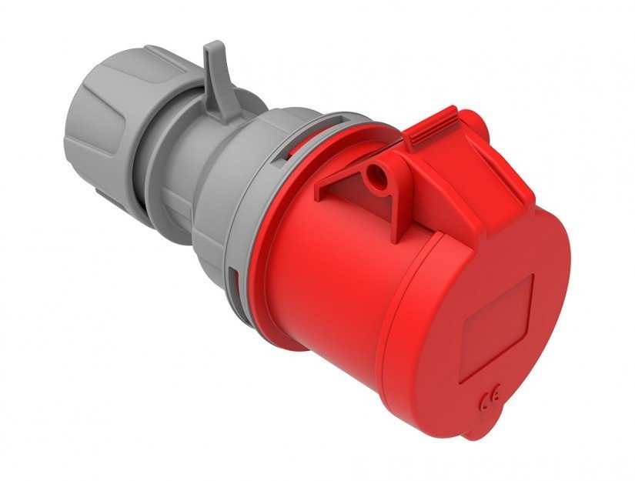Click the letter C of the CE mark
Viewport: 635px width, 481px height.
[484, 400]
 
